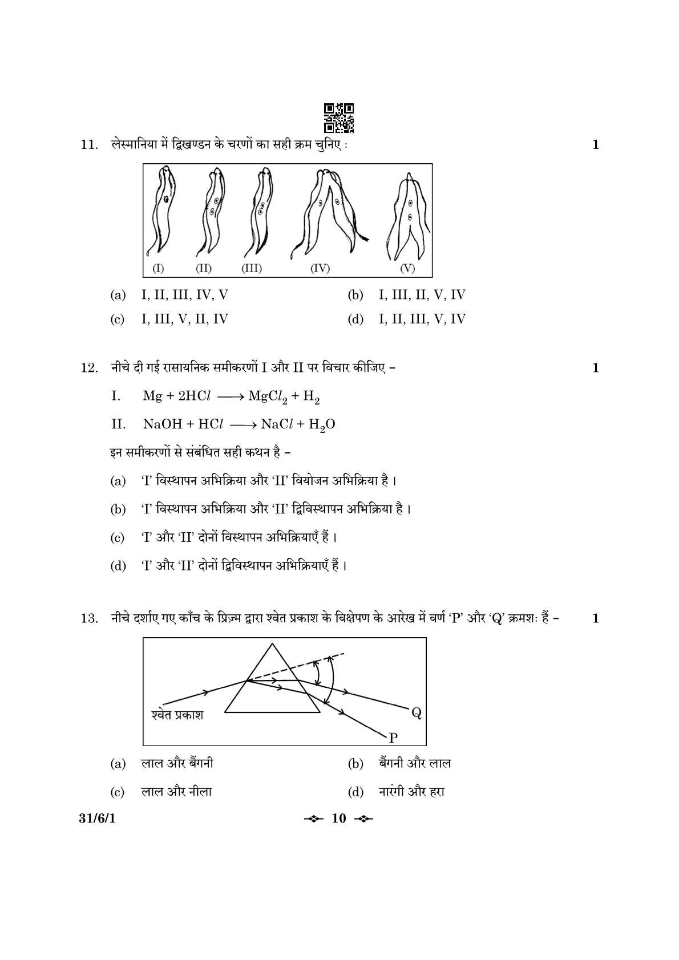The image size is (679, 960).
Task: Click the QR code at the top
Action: coord(339,118)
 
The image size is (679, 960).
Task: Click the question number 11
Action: coord(90,145)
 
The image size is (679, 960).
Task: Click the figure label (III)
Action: coord(252,269)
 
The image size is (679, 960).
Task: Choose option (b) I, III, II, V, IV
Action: coord(422,295)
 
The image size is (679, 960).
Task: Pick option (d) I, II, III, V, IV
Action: coord(422,319)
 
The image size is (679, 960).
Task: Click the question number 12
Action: coord(90,368)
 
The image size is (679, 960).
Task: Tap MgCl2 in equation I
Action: coord(268,396)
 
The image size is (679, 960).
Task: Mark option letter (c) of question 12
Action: coord(117,538)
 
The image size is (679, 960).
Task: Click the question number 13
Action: coord(90,618)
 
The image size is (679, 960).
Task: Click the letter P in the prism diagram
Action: coord(393,738)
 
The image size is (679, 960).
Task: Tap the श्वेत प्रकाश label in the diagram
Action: coord(177,714)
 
